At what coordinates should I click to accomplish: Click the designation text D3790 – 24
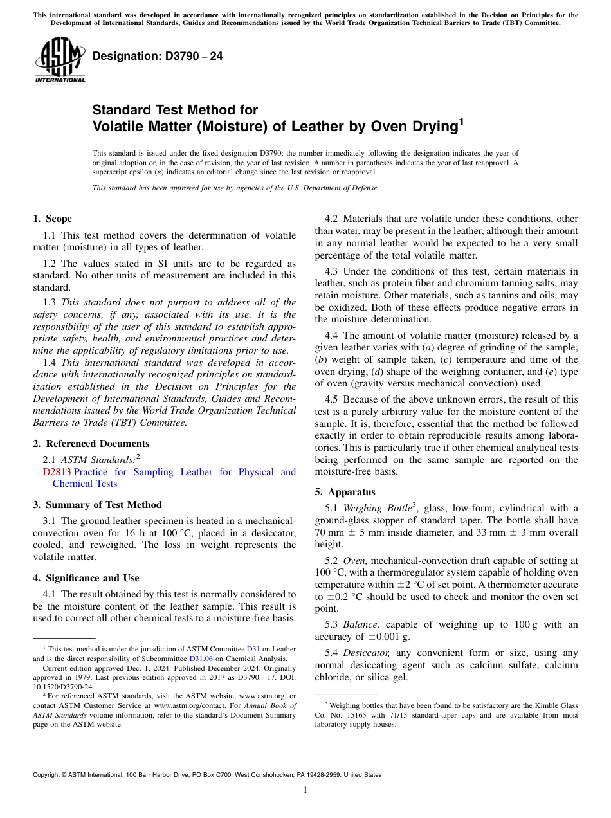[x=158, y=56]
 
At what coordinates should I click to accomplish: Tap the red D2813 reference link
[x=57, y=472]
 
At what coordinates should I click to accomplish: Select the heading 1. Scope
[x=52, y=219]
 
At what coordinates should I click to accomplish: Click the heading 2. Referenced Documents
[x=91, y=444]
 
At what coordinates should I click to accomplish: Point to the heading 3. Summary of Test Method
[x=97, y=505]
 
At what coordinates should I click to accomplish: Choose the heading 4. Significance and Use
[x=86, y=578]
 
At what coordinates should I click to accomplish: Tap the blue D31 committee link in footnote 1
[x=253, y=650]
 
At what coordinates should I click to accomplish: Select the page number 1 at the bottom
[x=305, y=790]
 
